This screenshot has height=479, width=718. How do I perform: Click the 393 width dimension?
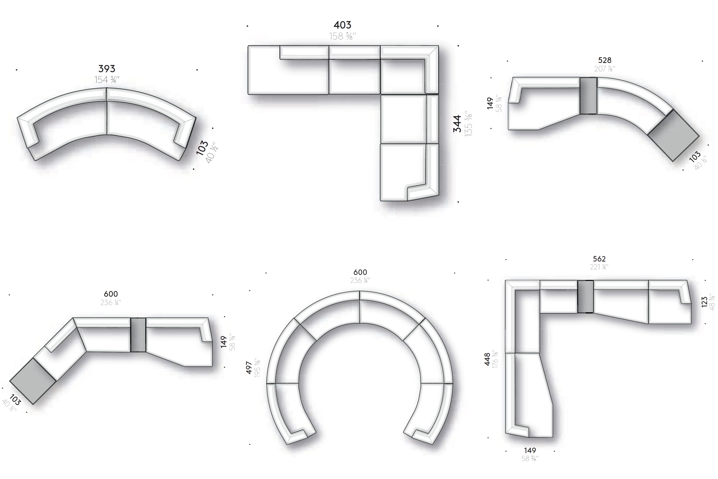[x=107, y=69]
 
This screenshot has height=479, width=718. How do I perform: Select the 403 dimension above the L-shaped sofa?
[x=342, y=25]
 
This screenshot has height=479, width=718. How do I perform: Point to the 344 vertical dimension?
[x=457, y=124]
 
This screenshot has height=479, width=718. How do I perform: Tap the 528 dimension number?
[x=604, y=60]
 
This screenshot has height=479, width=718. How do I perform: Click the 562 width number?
[x=599, y=259]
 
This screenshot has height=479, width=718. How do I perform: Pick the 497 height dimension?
[x=249, y=368]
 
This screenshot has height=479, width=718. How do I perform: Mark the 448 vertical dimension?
[x=487, y=359]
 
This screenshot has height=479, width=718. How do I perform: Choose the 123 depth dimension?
[x=704, y=302]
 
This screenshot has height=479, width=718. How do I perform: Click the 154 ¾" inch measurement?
[x=107, y=80]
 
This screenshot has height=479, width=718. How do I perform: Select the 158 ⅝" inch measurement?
[x=343, y=36]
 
